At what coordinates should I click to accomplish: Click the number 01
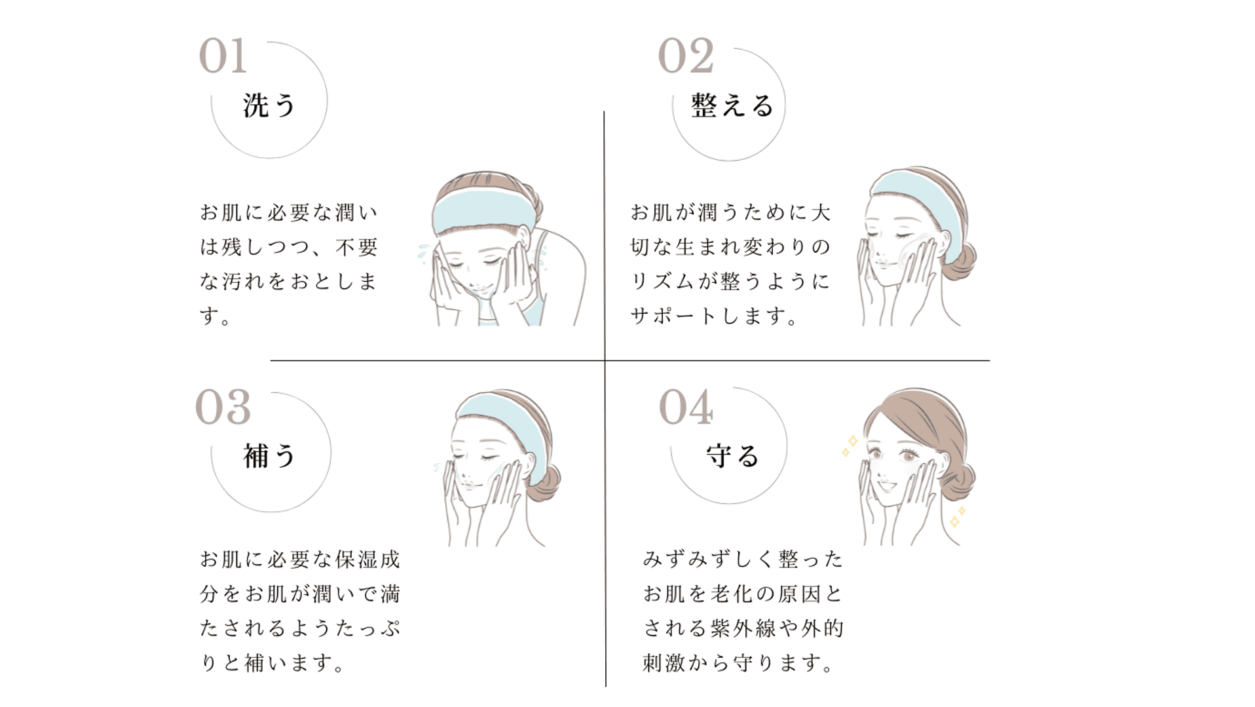pyautogui.click(x=223, y=56)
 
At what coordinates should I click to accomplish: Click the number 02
pyautogui.click(x=686, y=56)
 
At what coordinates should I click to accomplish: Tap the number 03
pyautogui.click(x=223, y=407)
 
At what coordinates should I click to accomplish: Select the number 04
pyautogui.click(x=686, y=407)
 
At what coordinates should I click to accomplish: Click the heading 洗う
pyautogui.click(x=269, y=105)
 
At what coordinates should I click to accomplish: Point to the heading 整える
pyautogui.click(x=732, y=105)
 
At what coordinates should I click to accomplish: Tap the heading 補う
pyautogui.click(x=269, y=456)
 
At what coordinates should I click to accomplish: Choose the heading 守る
pyautogui.click(x=732, y=456)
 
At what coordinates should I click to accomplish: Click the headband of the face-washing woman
pyautogui.click(x=481, y=211)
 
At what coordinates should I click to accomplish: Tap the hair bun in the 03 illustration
pyautogui.click(x=545, y=484)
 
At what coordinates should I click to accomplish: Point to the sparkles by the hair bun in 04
pyautogui.click(x=957, y=517)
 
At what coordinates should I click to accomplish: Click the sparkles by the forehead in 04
pyautogui.click(x=850, y=446)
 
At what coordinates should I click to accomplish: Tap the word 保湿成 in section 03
pyautogui.click(x=367, y=560)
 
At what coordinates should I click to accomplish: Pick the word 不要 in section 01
pyautogui.click(x=357, y=247)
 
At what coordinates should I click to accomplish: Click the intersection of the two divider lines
pyautogui.click(x=605, y=360)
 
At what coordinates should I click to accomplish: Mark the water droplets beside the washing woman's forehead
pyautogui.click(x=425, y=253)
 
